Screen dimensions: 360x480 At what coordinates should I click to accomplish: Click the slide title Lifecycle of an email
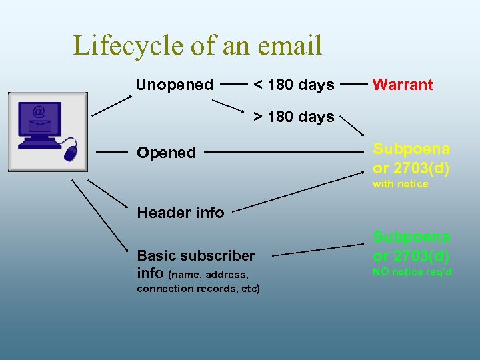click(x=197, y=45)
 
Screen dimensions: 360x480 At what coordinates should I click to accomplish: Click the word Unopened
click(x=174, y=85)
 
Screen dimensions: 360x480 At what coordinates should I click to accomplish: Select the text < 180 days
click(x=293, y=85)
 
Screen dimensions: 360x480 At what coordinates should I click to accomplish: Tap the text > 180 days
click(x=293, y=117)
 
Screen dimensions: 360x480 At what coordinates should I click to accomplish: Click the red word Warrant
click(x=403, y=85)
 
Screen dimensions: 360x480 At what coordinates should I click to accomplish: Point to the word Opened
click(x=166, y=153)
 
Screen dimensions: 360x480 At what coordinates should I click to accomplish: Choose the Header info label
click(x=180, y=213)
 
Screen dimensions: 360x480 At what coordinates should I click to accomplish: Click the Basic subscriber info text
click(x=195, y=264)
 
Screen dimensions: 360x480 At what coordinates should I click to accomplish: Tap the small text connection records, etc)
click(x=198, y=289)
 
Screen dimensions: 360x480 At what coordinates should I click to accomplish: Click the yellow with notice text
click(x=400, y=184)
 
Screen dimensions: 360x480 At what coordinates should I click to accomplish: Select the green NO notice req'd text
click(x=412, y=272)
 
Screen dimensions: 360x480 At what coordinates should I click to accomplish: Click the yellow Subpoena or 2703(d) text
click(x=411, y=159)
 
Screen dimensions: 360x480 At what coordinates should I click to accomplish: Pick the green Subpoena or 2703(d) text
click(x=411, y=246)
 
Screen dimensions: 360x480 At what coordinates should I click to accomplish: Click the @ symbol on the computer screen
click(x=39, y=111)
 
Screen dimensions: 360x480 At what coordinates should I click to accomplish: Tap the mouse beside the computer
click(x=70, y=153)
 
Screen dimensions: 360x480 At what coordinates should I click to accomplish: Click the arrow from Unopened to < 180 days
click(x=231, y=85)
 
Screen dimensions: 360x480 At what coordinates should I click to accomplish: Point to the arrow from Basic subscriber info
click(x=317, y=250)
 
